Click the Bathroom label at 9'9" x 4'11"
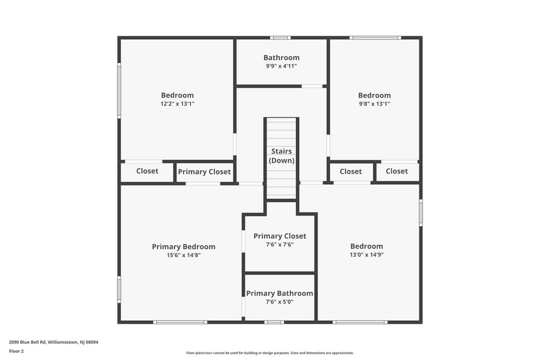[281, 58]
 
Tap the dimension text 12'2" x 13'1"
[177, 104]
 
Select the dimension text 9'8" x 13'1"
[374, 104]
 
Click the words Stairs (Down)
[282, 156]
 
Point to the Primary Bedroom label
[183, 247]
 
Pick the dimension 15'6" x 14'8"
[183, 255]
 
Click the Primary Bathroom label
[280, 293]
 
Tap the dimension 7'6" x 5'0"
[280, 302]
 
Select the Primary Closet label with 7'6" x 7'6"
[280, 236]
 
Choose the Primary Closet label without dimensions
[204, 172]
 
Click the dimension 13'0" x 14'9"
[366, 255]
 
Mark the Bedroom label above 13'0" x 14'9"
[366, 246]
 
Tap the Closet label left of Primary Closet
[147, 171]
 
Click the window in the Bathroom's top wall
[280, 38]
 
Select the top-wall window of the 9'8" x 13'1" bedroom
[375, 38]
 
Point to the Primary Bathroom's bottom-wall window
[274, 322]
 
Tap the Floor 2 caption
[17, 351]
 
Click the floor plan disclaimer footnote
[269, 353]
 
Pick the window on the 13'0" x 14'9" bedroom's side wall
[421, 213]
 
